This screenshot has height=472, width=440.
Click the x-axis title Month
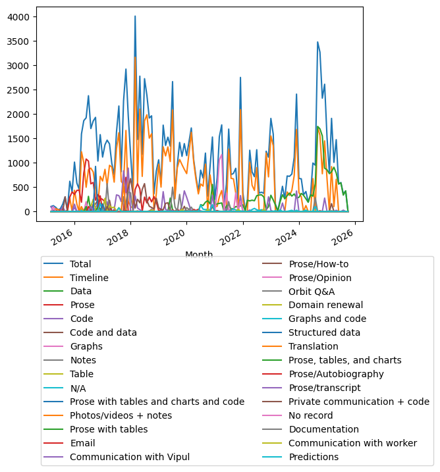[x=199, y=254]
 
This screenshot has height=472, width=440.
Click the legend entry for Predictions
[x=314, y=457]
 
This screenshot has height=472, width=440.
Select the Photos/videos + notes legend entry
[x=121, y=415]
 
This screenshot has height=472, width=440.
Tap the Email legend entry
[x=82, y=443]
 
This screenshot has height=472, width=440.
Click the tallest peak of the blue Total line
[x=135, y=16]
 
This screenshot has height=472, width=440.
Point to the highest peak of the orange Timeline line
[x=135, y=57]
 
